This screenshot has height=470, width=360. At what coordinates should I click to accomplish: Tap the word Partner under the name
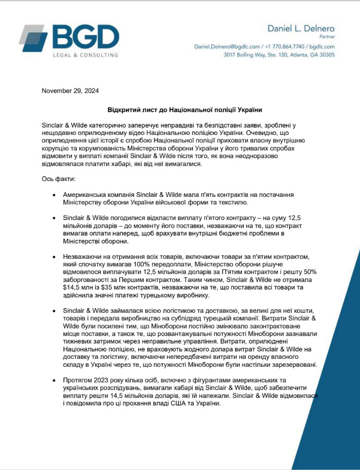[326, 37]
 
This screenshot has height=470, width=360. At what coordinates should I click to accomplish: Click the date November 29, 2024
[70, 91]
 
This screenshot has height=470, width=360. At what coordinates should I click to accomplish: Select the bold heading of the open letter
[185, 110]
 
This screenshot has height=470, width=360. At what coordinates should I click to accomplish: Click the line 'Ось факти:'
[59, 179]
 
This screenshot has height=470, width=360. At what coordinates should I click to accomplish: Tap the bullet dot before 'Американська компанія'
[55, 196]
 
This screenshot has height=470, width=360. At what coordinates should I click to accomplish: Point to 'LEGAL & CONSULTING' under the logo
[85, 55]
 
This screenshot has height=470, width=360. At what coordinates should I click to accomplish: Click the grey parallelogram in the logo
[33, 35]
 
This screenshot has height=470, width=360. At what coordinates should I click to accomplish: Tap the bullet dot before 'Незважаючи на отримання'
[55, 256]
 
